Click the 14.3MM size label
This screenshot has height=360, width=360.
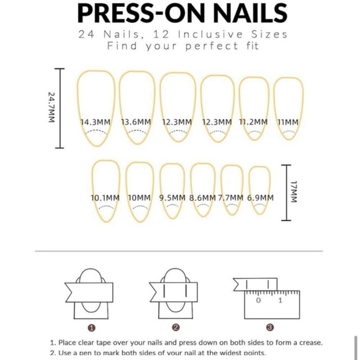pyautogui.click(x=96, y=122)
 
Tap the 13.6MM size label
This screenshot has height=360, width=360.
pyautogui.click(x=136, y=122)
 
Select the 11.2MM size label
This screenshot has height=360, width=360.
pyautogui.click(x=253, y=122)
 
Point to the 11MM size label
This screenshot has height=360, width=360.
pyautogui.click(x=288, y=122)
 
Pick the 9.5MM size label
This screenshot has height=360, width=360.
pyautogui.click(x=172, y=198)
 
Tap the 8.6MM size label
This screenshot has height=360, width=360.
pyautogui.click(x=203, y=198)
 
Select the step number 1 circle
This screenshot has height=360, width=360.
pyautogui.click(x=92, y=328)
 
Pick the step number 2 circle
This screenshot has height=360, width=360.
pyautogui.click(x=176, y=328)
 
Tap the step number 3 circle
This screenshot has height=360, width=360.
pyautogui.click(x=269, y=328)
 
